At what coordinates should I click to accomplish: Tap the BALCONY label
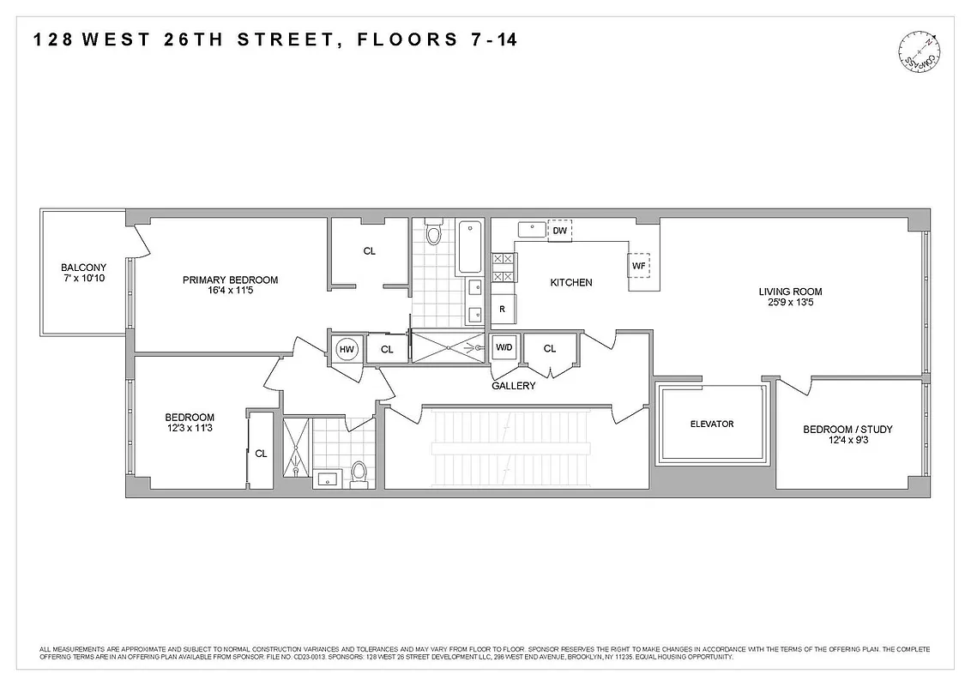coord(83,267)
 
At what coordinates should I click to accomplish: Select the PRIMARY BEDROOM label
coord(230,280)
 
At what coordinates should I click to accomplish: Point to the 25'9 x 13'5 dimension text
coord(790,304)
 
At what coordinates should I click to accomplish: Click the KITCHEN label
coord(570,282)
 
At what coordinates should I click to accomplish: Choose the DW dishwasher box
coord(559,231)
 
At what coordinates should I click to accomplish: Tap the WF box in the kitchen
coord(638,266)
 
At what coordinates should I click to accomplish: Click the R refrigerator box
coord(503,310)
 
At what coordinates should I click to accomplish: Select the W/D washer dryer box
coord(504,348)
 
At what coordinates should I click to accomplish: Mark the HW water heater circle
coord(347,349)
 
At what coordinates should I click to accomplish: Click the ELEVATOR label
coord(712,424)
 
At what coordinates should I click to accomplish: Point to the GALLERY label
coord(513,386)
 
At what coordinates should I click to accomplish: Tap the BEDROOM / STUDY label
coord(847,430)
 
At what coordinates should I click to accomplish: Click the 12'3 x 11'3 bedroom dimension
coord(190,430)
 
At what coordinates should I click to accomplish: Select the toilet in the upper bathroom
coord(433,232)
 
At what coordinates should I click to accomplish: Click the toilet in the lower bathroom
coord(359,472)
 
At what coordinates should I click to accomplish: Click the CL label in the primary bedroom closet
coord(369,251)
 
